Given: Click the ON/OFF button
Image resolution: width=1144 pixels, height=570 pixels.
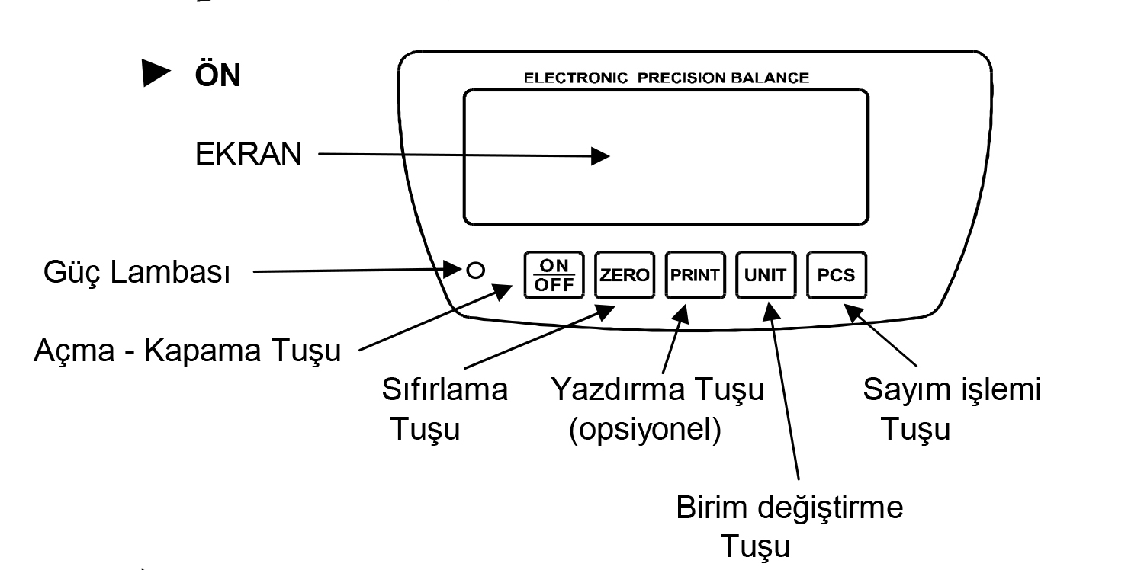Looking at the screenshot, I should coord(554,274).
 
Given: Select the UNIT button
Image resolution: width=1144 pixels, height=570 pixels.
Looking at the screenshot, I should coord(766,274).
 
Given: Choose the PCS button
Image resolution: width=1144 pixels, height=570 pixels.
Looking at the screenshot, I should coord(837,274).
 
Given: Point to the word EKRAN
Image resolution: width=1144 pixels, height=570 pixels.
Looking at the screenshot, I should coord(247,156).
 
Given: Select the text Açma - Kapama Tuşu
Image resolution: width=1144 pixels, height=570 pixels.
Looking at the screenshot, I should coord(188,353).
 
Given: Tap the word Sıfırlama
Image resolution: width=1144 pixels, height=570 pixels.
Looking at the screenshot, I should coord(444,390).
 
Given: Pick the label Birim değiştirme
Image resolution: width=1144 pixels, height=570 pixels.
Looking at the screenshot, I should coord(790,508).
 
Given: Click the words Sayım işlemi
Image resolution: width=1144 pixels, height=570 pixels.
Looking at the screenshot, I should coord(952,390).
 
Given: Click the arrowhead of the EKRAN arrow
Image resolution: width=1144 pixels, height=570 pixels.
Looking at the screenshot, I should coord(600,156).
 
